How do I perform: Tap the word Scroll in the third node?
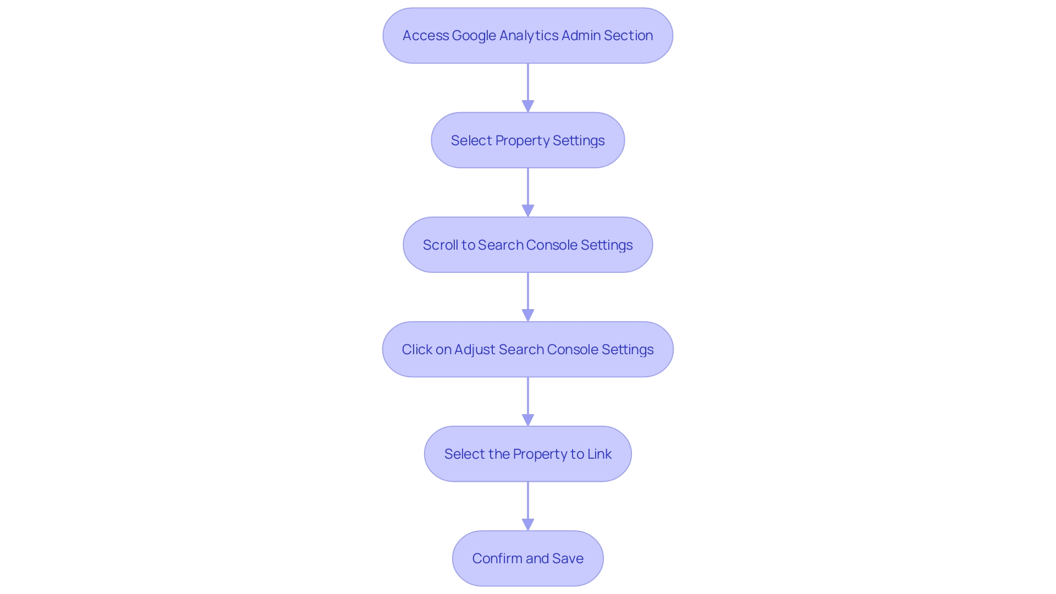[440, 245]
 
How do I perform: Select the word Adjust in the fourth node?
[475, 350]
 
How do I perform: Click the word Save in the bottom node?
[568, 559]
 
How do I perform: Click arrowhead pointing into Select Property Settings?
[528, 106]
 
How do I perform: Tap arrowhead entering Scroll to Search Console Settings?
[528, 211]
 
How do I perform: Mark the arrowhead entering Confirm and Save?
[528, 524]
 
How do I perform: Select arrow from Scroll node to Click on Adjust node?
[528, 291]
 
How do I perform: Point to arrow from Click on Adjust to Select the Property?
[528, 396]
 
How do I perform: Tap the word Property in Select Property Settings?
[522, 141]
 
